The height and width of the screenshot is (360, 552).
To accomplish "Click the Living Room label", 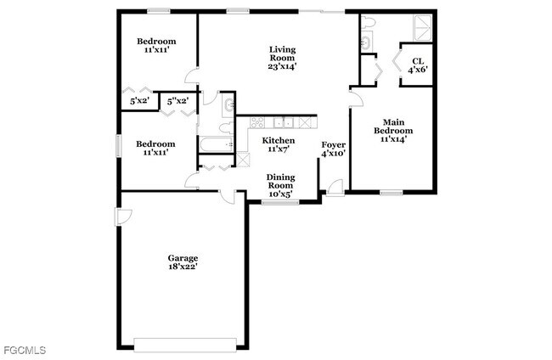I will tap(282, 57).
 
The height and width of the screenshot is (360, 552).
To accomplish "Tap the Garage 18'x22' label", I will tap(183, 262).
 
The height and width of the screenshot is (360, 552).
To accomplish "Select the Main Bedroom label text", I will tap(392, 130).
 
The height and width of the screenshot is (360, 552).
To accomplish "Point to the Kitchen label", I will tap(279, 144).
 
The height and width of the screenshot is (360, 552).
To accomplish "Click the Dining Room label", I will tap(281, 185).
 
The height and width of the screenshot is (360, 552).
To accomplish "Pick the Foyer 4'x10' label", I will tap(333, 149).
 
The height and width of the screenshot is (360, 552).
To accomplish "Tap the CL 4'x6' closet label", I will tap(417, 65).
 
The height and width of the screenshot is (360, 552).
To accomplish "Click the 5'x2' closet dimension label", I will tap(139, 102).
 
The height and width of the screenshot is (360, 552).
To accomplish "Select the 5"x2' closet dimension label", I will tap(177, 102).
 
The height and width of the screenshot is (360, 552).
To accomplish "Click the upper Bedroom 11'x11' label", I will tap(156, 46).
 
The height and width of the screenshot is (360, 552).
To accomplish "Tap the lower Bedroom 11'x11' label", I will tap(156, 148).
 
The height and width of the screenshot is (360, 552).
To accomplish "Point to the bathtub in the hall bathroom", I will tap(217, 143).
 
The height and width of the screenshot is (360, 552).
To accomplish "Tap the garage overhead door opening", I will tap(185, 344).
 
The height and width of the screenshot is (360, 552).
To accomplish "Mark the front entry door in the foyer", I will tap(336, 188).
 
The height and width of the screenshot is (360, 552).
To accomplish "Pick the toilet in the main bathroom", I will tap(365, 42).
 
